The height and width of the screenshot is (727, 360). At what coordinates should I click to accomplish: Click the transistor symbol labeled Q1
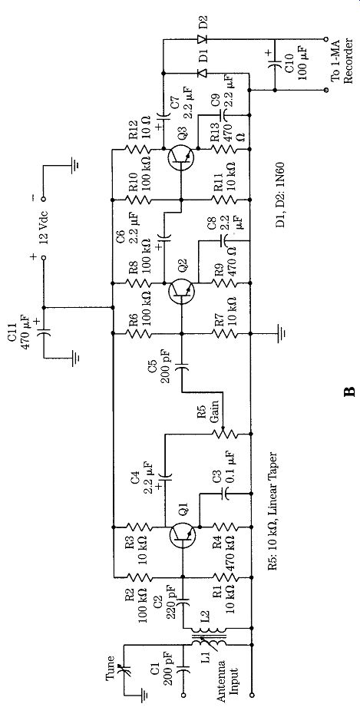click(x=182, y=534)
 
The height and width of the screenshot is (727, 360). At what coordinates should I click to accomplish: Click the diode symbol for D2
click(x=202, y=39)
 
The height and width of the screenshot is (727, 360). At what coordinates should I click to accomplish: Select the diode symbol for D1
click(x=202, y=73)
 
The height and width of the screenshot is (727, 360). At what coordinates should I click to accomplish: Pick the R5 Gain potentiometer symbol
click(x=225, y=434)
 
